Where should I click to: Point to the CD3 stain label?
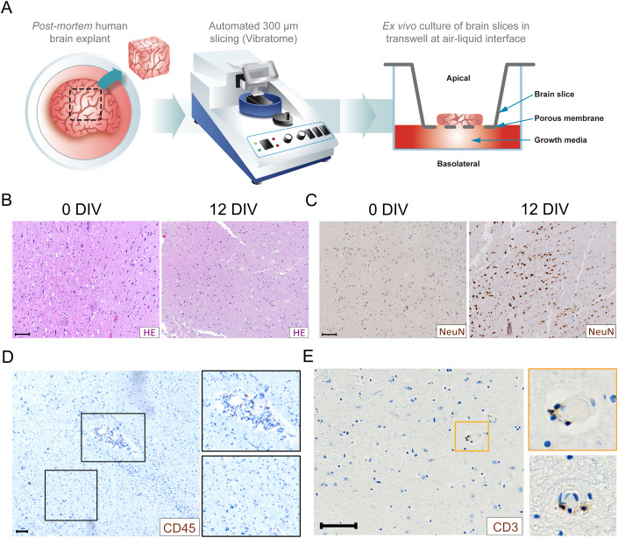point(506,526)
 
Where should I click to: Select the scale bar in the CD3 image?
point(337,526)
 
